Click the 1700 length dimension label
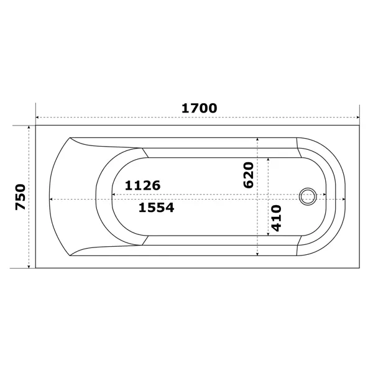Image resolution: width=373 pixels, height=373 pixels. (x=200, y=108)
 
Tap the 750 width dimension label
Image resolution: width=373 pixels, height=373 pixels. (x=21, y=197)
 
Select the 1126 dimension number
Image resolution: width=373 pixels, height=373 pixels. (x=143, y=185)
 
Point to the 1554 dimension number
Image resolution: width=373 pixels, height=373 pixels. (x=156, y=208)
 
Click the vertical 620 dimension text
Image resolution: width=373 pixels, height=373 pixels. (x=249, y=175)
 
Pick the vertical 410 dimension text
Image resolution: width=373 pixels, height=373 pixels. (x=276, y=218)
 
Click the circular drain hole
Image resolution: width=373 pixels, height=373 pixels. (x=308, y=196)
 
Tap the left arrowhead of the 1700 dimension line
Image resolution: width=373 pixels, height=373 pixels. (x=37, y=117)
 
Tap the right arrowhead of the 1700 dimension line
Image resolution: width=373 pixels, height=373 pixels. (x=358, y=117)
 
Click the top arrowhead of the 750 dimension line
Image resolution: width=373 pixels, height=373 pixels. (x=29, y=127)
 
